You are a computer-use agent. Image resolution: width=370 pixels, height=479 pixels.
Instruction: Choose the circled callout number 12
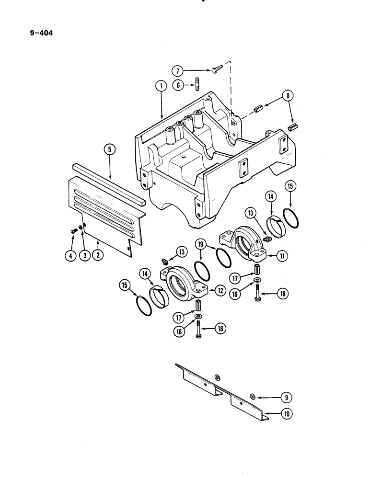[220, 290]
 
